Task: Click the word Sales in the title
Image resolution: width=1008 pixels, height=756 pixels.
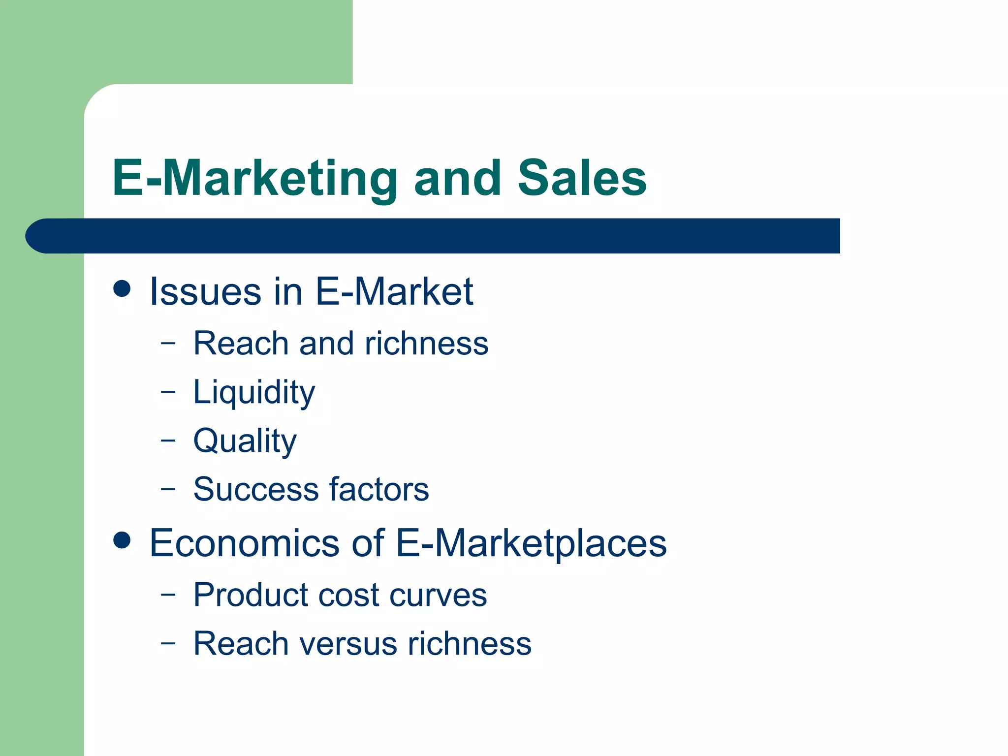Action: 582,178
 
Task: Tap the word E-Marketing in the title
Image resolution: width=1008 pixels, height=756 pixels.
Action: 254,179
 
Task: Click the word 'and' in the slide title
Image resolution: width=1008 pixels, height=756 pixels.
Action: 457,178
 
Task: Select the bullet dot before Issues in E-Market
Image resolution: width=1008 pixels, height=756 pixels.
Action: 122,289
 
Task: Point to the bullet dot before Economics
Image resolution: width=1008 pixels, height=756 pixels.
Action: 122,540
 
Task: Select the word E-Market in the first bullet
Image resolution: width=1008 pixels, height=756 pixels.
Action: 394,291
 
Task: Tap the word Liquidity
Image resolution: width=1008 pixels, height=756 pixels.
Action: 254,393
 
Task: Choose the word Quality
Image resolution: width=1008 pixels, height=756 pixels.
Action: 245,441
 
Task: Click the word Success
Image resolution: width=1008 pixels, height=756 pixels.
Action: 256,489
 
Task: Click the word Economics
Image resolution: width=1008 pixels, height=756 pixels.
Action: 244,543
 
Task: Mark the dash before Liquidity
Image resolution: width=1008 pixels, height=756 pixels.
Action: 168,392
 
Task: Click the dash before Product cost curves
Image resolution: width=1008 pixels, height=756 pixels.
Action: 168,594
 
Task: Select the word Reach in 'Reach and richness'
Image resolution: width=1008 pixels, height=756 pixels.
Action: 241,343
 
